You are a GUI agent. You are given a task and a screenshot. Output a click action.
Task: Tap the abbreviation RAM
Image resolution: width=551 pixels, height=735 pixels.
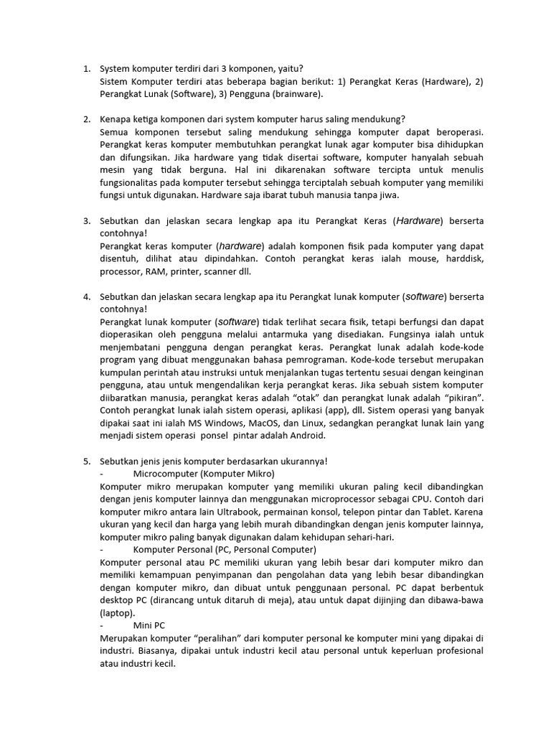(x=154, y=272)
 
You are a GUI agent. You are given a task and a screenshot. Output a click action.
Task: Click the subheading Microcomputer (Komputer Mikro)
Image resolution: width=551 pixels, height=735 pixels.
(x=204, y=474)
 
